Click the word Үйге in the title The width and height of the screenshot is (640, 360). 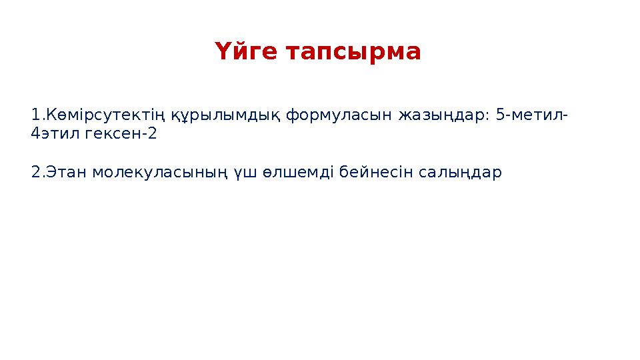(x=246, y=52)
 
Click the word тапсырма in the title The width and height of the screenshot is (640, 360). (x=353, y=52)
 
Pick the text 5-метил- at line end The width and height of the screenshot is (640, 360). (x=533, y=115)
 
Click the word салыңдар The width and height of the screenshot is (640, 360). (x=460, y=172)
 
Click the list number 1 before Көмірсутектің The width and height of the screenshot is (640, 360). (x=35, y=115)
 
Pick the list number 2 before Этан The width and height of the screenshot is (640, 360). (x=35, y=172)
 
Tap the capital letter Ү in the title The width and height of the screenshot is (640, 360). (x=222, y=52)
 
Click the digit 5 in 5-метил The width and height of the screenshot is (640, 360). (x=500, y=115)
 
